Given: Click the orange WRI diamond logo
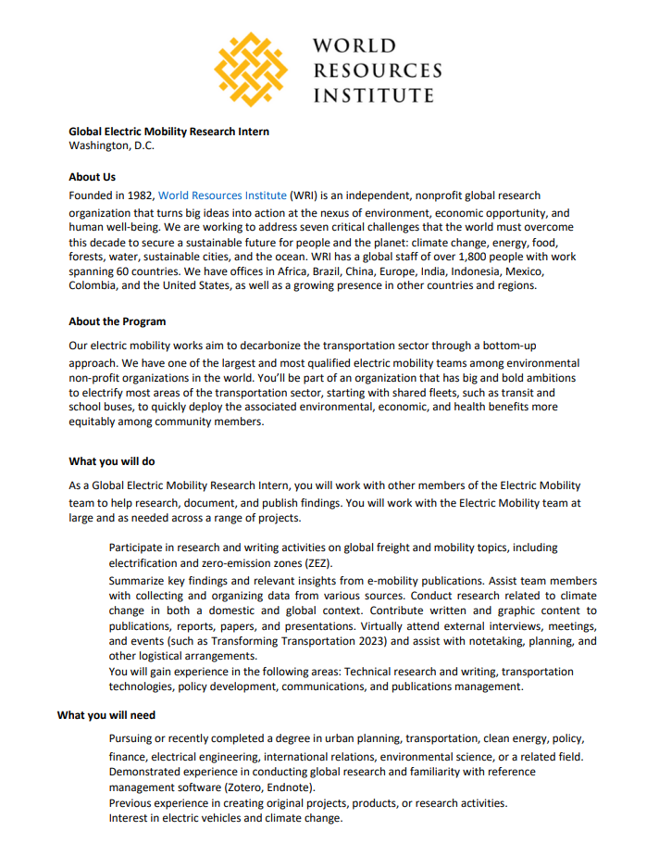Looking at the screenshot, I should tap(250, 69).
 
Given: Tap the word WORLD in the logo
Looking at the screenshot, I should tap(354, 46).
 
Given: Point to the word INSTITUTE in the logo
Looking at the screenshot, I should tap(374, 94).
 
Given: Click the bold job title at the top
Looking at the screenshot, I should tap(169, 132).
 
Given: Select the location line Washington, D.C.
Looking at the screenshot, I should tap(111, 145).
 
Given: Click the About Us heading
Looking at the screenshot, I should tap(92, 176).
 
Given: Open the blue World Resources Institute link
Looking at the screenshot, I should tap(222, 195).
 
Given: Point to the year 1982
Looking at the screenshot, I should tap(139, 195).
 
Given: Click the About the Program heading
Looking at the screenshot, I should tap(118, 321).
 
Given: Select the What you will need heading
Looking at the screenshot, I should tap(106, 715).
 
